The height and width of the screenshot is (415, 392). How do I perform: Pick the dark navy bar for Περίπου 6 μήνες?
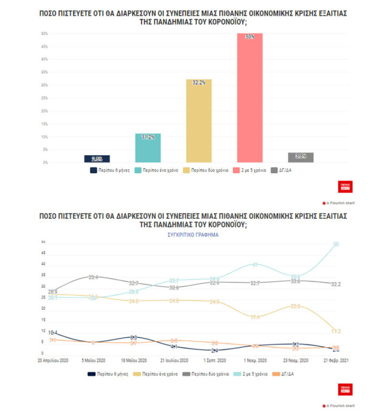97,158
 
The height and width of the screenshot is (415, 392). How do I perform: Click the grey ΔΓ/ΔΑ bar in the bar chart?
301,157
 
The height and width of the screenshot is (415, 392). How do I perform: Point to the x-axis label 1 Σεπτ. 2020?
215,359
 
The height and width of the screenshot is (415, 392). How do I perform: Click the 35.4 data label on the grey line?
93,278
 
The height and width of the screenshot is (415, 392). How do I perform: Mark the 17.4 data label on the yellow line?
255,318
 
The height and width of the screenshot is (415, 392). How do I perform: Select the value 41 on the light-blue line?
255,265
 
